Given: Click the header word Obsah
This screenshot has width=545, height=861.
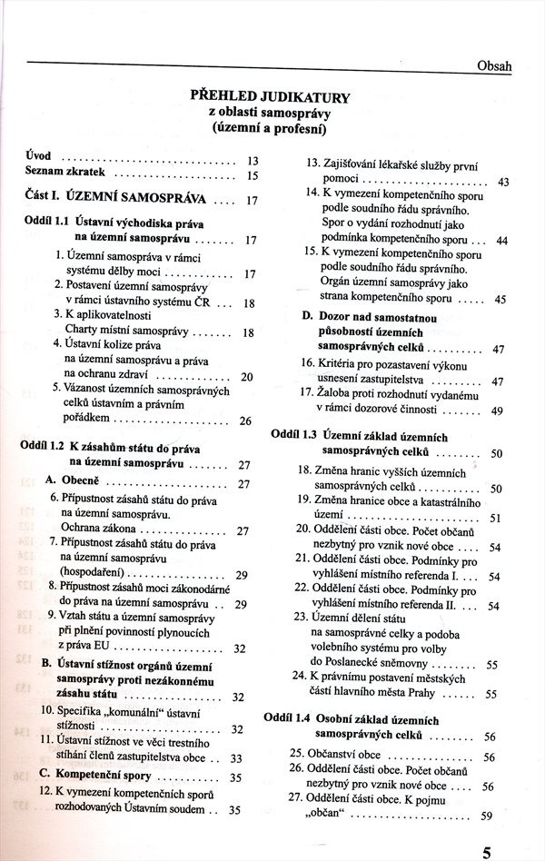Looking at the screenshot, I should (x=494, y=66).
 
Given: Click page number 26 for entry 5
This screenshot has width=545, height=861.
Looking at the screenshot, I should (x=245, y=421).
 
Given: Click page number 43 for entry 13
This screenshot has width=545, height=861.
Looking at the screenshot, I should (x=503, y=182).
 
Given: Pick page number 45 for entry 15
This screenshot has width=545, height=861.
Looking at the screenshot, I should (x=500, y=299).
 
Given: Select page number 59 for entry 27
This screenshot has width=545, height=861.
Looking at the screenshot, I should (x=486, y=815).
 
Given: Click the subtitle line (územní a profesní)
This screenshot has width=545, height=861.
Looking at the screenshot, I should (x=268, y=130).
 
